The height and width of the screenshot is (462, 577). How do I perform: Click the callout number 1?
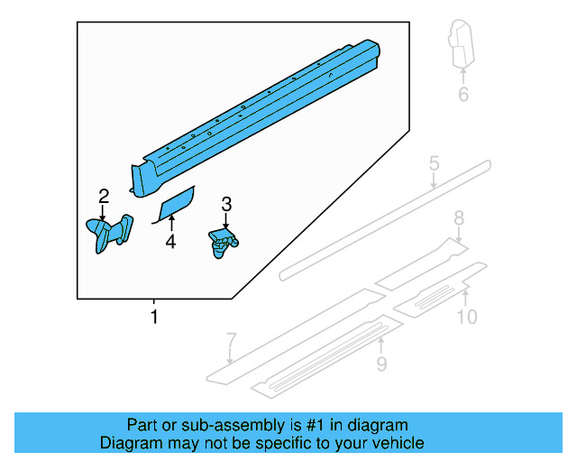click(x=154, y=317)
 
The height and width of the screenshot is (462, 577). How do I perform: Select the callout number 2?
click(x=104, y=196)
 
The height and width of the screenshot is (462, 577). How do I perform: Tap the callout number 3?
click(x=226, y=205)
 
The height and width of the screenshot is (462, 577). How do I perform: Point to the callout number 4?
click(x=169, y=241)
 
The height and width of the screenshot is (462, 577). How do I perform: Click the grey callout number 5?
click(x=434, y=163)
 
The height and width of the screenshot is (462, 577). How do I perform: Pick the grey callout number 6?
click(x=463, y=94)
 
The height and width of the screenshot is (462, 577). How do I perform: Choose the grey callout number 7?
click(x=231, y=340)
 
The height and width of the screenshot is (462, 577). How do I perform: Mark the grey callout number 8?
click(x=458, y=217)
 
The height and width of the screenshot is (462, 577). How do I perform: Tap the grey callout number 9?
click(x=381, y=364)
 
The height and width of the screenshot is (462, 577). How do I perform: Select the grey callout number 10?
click(x=466, y=316)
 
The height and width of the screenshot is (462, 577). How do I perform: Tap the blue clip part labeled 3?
click(x=223, y=243)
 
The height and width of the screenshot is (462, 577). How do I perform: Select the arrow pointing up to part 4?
click(x=170, y=223)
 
